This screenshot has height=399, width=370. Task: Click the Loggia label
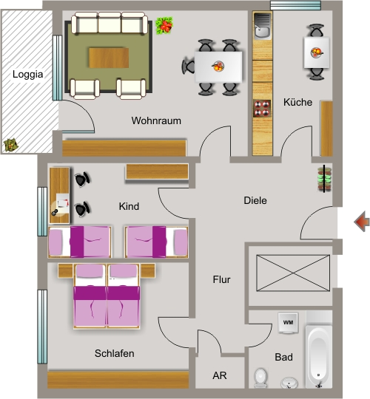tap(28, 75)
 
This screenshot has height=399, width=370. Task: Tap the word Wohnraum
tap(156, 120)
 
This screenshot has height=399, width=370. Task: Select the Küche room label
tap(298, 102)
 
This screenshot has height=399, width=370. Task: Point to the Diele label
tap(255, 200)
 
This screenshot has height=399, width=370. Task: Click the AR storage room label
tap(220, 375)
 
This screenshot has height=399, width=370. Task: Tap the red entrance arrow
tap(362, 222)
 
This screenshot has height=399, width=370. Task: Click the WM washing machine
tap(288, 323)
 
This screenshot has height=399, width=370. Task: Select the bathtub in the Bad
tap(319, 356)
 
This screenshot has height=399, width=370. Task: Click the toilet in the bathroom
tap(260, 378)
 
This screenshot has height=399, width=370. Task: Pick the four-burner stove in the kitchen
tap(262, 109)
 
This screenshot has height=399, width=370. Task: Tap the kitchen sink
tap(263, 26)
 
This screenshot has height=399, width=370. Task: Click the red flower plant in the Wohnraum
tap(164, 25)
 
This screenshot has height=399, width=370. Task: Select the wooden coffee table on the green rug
tap(109, 58)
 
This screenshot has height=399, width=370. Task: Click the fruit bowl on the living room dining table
tap(218, 66)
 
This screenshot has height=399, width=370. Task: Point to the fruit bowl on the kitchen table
tap(317, 52)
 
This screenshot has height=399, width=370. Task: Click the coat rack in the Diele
tap(324, 179)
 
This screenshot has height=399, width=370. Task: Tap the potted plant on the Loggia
tap(10, 145)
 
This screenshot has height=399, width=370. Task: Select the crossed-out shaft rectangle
tap(293, 273)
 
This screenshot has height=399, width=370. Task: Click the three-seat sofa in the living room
tap(110, 23)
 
